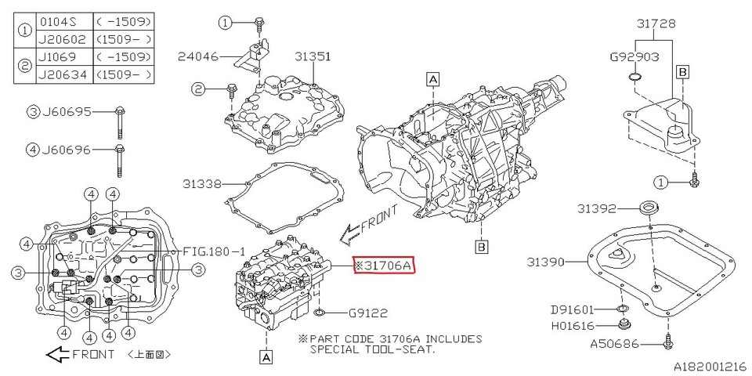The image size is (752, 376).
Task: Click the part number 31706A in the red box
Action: [x=383, y=266]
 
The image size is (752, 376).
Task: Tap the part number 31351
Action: [x=313, y=56]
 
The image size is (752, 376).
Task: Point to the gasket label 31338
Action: [x=202, y=185]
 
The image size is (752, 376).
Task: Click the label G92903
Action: [x=634, y=57]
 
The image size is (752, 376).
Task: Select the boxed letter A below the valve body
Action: [x=266, y=356]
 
